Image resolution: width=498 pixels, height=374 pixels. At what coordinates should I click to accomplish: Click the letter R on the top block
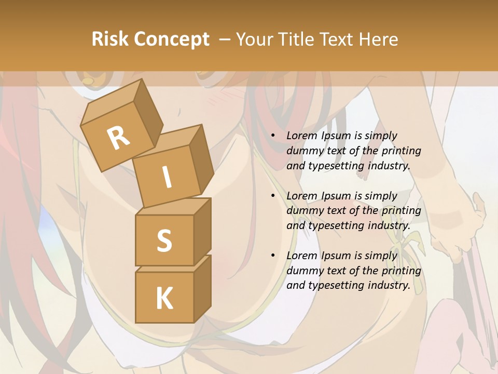tap(119, 138)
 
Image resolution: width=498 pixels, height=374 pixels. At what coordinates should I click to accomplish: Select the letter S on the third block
tap(164, 241)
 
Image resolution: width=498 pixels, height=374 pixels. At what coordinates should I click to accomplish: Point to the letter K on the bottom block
tap(164, 299)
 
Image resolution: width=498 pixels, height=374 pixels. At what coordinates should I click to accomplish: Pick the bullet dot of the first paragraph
tap(273, 136)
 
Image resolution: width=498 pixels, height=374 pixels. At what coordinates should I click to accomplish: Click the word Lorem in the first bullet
tap(301, 136)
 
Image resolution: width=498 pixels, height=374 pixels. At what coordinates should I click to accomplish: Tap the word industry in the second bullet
tap(389, 226)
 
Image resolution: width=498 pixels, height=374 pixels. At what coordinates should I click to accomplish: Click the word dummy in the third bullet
tap(302, 271)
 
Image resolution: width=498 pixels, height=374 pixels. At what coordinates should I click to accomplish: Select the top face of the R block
tap(112, 104)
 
